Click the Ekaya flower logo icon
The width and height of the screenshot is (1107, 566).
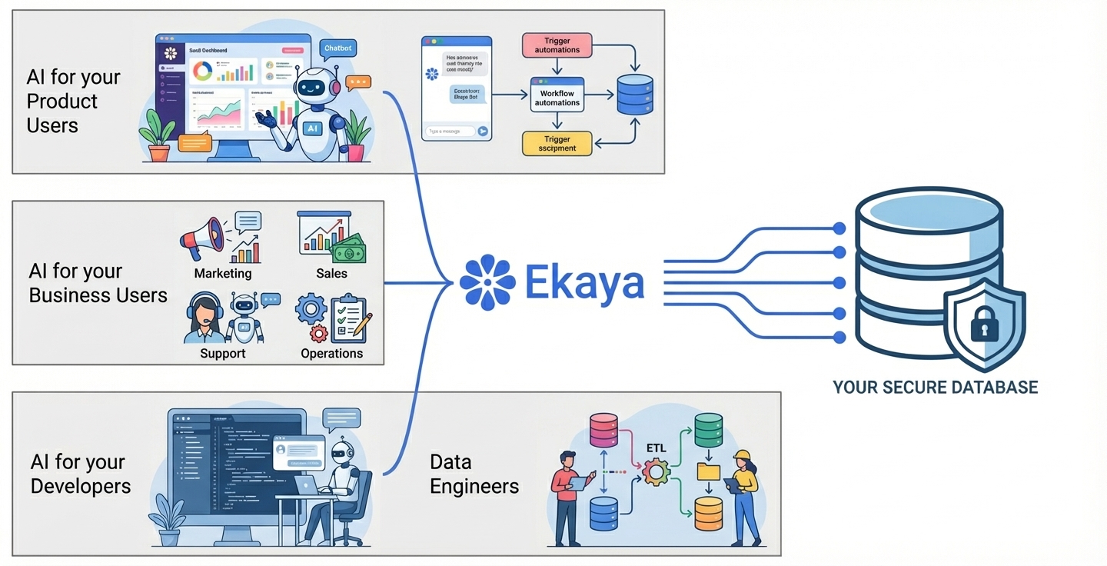(x=487, y=281)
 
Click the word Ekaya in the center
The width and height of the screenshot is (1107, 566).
(x=584, y=282)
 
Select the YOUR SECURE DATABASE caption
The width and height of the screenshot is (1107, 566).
(x=935, y=387)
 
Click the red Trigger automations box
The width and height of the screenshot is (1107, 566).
(x=557, y=45)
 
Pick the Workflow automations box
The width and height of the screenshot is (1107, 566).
(x=557, y=98)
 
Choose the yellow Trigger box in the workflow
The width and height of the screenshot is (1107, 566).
(x=557, y=143)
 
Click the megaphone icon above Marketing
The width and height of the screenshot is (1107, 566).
(x=202, y=237)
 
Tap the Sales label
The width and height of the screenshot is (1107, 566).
(x=331, y=273)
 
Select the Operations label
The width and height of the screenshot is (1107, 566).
(x=331, y=354)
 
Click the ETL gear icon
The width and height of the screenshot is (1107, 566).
(x=656, y=471)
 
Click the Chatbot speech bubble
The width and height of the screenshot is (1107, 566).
(x=337, y=48)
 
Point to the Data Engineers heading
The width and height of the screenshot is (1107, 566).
(x=474, y=474)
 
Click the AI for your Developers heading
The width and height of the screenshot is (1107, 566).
(x=80, y=474)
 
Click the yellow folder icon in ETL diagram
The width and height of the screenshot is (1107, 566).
(x=708, y=471)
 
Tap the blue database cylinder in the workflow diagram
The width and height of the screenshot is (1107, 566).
(x=635, y=95)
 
